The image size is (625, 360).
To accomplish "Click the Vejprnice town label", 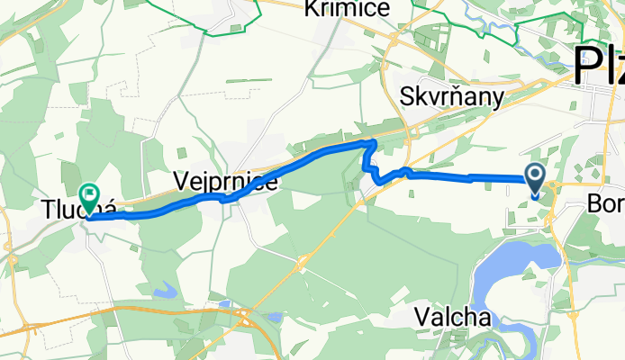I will tap(225, 182).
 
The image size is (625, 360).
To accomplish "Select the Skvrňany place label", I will tap(453, 94).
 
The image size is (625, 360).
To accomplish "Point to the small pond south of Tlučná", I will tap(167, 291).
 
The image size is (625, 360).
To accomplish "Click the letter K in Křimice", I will tap(312, 9).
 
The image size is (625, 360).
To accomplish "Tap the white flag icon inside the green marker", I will tap(90, 192).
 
